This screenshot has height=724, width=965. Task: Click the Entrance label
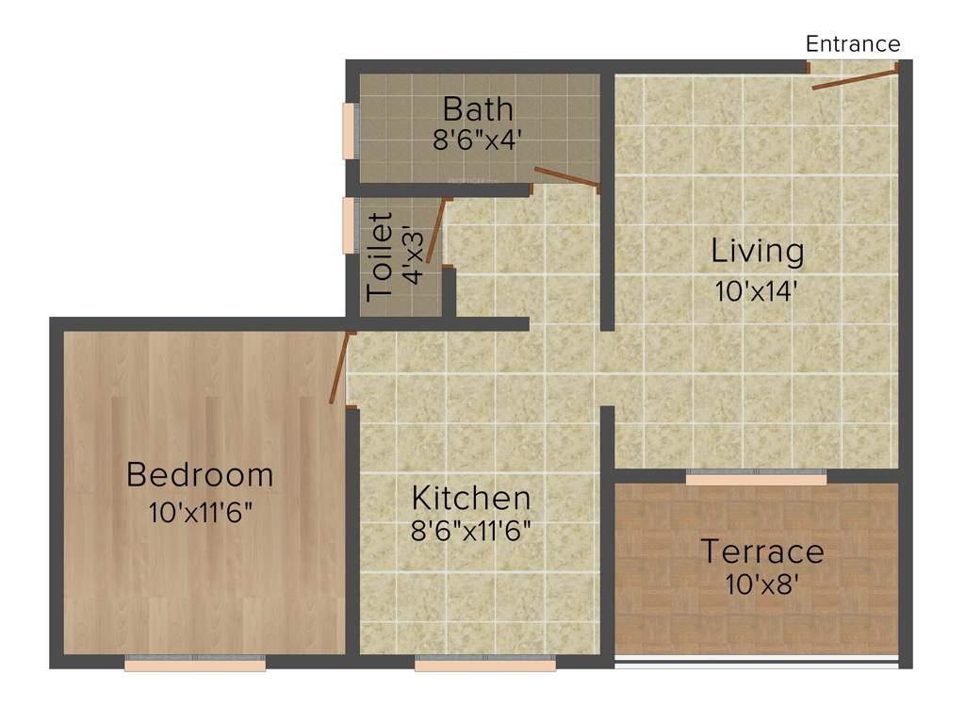853,44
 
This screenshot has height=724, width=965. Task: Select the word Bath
479,108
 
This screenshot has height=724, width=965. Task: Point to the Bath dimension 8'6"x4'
478,140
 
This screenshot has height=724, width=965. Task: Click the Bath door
566,178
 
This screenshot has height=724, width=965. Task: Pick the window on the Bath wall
348,130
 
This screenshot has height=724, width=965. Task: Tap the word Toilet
381,256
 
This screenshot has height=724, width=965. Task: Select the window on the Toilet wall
348,225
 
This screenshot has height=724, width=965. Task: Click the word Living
758,252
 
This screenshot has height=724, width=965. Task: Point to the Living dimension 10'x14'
758,290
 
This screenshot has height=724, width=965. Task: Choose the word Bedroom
200,474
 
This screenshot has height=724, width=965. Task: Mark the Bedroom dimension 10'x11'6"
200,513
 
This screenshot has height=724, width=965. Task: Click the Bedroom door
340,368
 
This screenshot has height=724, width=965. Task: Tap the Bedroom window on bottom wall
195,664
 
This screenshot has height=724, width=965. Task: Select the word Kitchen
471,497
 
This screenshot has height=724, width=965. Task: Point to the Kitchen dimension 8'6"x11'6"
471,530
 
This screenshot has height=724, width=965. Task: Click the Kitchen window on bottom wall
484,664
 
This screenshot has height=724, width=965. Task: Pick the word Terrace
761,551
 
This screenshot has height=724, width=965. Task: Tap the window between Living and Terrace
756,477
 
